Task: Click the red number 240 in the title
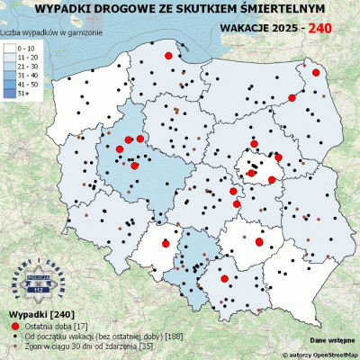click(x=322, y=28)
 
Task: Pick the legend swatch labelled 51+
click(x=11, y=92)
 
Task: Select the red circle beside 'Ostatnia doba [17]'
click(x=15, y=325)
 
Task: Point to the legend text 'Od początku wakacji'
click(x=67, y=335)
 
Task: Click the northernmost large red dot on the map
click(x=167, y=56)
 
